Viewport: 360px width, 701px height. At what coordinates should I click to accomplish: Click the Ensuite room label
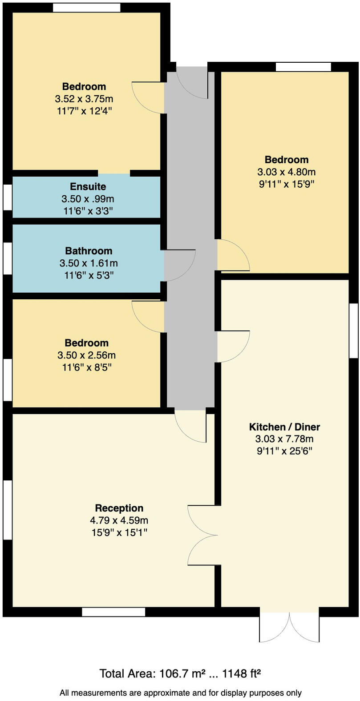click(88, 186)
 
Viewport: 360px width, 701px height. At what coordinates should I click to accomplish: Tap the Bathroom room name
click(89, 251)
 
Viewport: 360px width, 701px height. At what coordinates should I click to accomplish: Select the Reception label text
click(119, 508)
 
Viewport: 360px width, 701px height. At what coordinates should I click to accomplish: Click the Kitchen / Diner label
click(284, 427)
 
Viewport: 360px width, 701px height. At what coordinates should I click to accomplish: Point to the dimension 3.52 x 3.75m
click(84, 99)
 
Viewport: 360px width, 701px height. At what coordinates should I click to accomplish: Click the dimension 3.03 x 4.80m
click(287, 172)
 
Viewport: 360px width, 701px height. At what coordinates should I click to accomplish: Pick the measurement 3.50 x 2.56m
click(86, 355)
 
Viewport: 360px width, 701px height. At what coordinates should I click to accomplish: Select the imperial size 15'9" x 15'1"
click(119, 532)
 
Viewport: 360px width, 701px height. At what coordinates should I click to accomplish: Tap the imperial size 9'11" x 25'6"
click(284, 451)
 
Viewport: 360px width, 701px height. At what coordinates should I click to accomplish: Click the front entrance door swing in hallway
click(192, 83)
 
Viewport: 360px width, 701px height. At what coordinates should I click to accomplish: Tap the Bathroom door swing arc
click(180, 266)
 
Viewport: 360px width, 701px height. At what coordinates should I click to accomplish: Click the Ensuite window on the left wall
click(8, 197)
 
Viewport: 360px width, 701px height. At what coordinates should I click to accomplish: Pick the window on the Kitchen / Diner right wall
click(353, 330)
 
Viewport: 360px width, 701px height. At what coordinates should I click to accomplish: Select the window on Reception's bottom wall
click(113, 612)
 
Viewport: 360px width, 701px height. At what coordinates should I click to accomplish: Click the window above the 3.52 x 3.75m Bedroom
click(86, 8)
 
